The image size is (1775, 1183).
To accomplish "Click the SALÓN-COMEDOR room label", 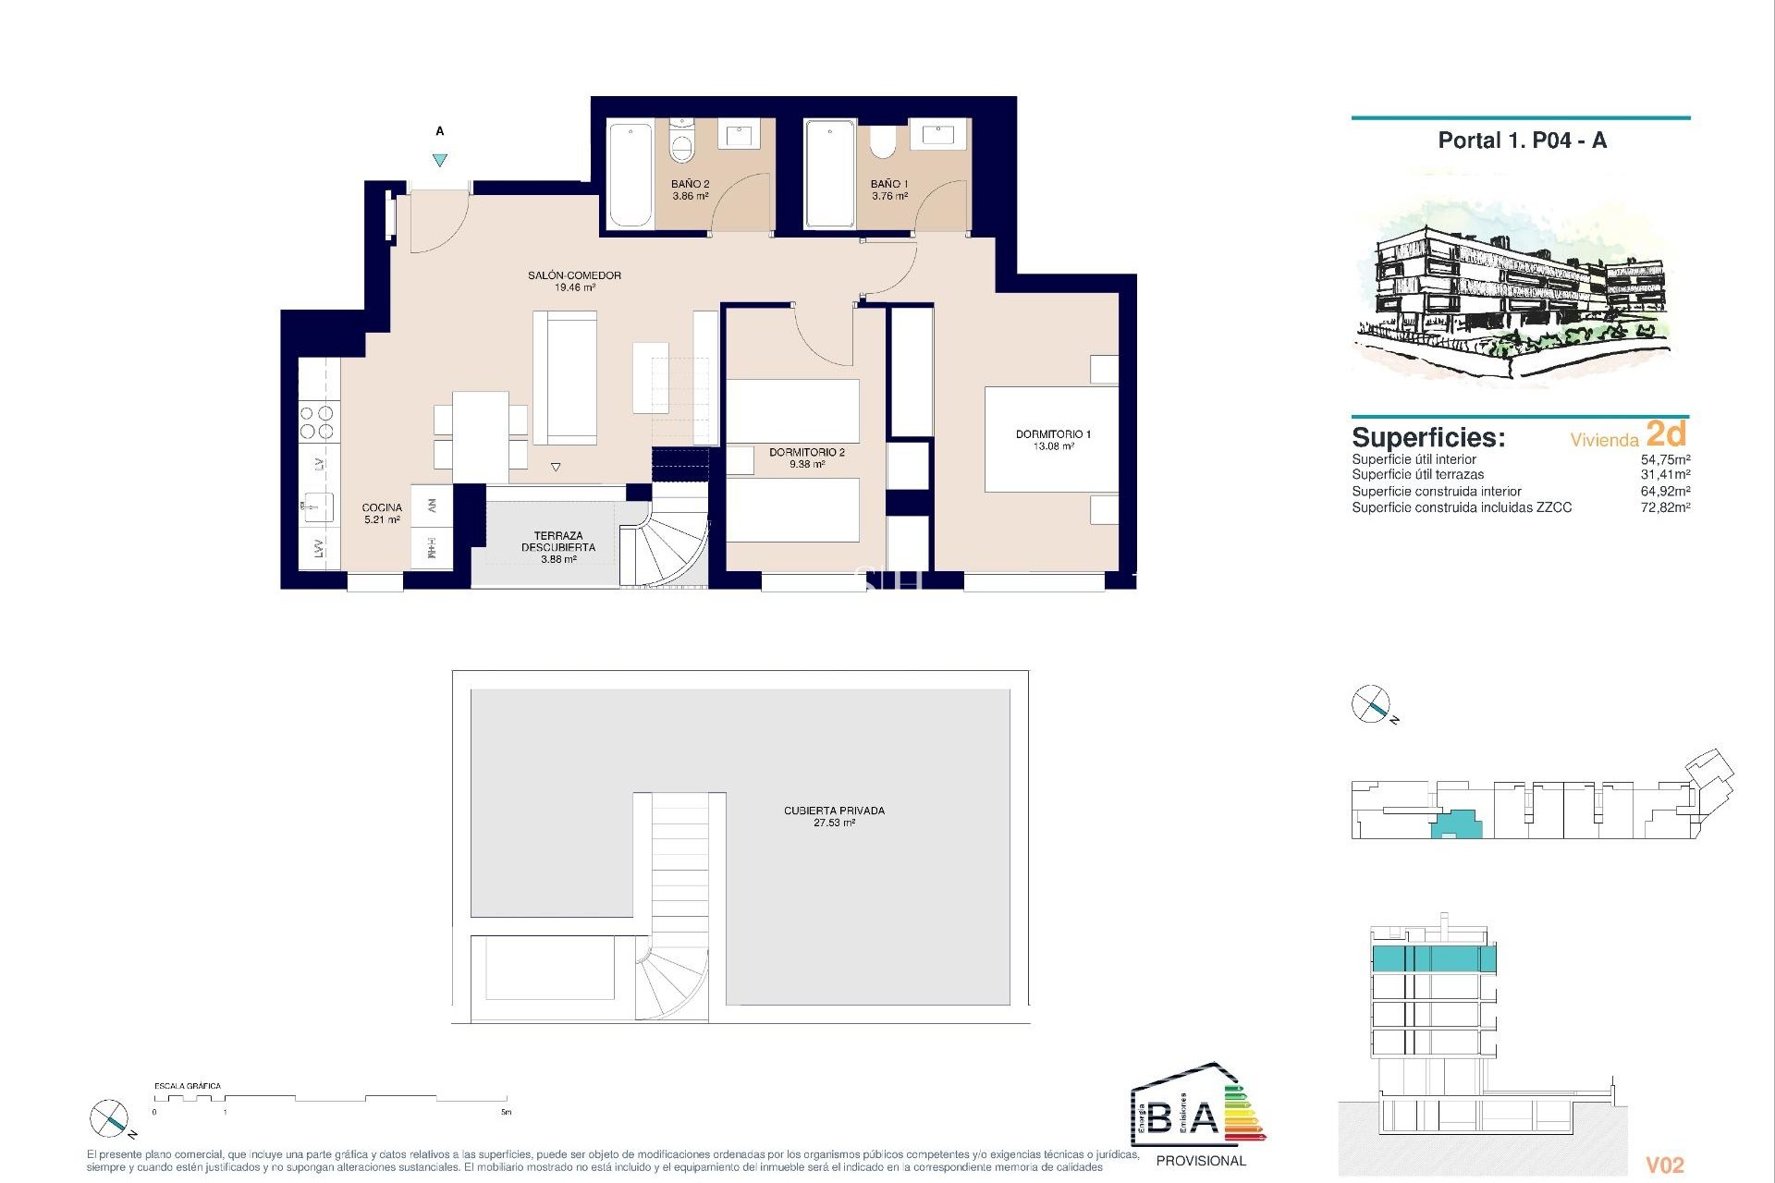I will pos(574,281).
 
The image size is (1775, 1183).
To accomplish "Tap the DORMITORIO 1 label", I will pos(1053,439).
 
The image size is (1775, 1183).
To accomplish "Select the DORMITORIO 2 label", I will pos(806,457).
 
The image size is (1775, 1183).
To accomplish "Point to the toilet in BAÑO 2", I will pos(681,144).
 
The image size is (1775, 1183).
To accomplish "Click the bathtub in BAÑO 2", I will pos(630,175).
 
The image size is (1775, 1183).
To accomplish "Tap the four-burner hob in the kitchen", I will pos(317,422).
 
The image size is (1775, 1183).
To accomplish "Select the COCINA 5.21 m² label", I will pos(382,513).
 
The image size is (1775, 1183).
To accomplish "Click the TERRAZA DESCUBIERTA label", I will pos(557,546).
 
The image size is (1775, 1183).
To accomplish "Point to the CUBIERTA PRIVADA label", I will pos(834,815).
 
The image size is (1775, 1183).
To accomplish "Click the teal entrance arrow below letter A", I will pos(440,160).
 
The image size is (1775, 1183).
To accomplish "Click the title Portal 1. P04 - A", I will pos(1522,140).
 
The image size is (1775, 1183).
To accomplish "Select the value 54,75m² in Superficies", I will pos(1665,459).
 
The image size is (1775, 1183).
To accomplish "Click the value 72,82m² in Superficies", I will pos(1665,507).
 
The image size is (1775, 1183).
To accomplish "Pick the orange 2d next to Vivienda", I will pos(1666,434).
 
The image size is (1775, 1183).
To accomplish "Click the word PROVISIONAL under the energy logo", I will pos(1201,1161).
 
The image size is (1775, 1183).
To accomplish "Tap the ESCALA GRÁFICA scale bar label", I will pos(188,1086).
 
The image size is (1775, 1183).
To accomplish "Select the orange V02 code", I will pos(1665,1165).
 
